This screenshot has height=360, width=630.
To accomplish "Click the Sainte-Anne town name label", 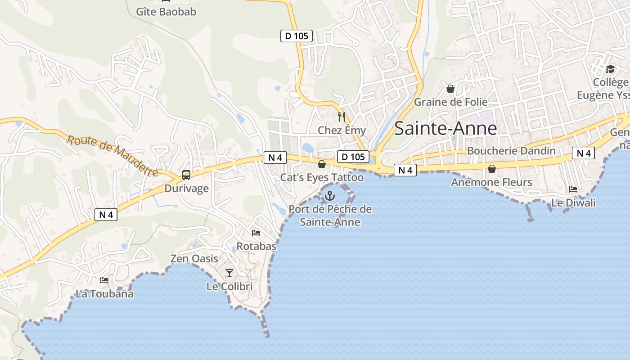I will (445, 129).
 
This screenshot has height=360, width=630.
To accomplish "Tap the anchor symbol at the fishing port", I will (330, 196).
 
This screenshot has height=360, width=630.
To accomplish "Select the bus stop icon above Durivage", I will (186, 175).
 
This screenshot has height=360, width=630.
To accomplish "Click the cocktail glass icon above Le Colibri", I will (229, 273).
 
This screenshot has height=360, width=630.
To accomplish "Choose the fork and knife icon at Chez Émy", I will (342, 117).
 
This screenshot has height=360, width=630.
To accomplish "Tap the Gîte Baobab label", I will (166, 12).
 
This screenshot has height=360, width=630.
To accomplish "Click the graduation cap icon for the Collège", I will (610, 69).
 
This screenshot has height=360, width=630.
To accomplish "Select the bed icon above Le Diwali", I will (573, 189).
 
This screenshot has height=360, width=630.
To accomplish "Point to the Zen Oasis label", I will (194, 259).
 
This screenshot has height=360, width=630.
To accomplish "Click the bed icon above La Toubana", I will (104, 280).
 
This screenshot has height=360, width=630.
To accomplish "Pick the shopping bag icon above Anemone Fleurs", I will (492, 169).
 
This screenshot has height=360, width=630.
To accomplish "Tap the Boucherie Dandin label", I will (511, 151).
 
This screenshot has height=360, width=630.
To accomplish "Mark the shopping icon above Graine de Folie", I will (450, 89).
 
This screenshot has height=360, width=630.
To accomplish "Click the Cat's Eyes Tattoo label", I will (322, 177).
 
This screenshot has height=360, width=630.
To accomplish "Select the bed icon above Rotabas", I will (256, 233).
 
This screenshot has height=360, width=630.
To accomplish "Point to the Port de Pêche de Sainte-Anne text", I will (330, 216).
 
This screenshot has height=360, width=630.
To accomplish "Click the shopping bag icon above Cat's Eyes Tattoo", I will (322, 164).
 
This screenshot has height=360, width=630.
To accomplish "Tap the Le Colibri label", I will (229, 286).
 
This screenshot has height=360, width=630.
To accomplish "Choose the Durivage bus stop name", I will (186, 188).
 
